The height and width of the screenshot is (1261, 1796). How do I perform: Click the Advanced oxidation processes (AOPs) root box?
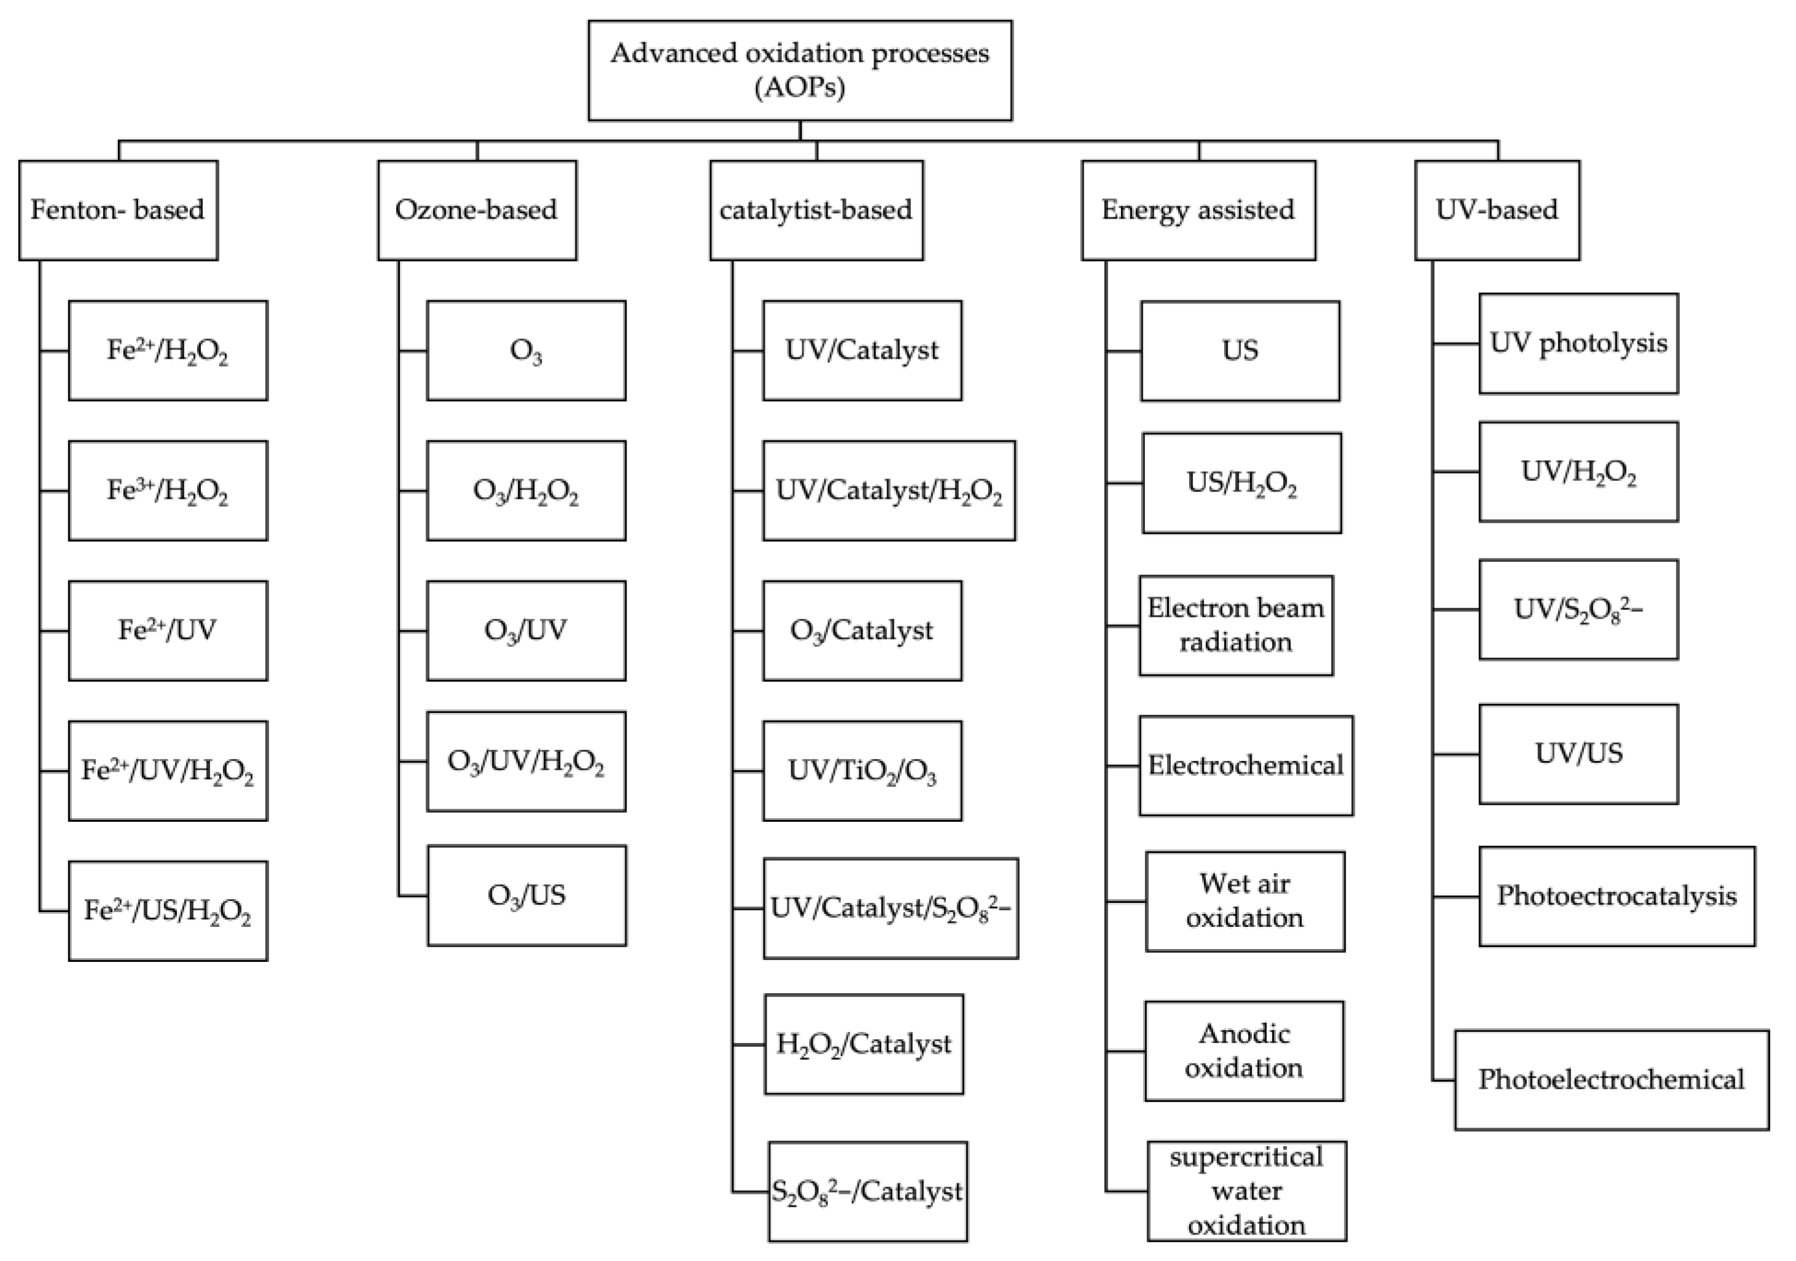click(x=800, y=71)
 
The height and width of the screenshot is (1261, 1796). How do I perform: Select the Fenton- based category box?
click(x=118, y=209)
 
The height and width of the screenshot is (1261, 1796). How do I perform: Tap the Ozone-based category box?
click(x=477, y=209)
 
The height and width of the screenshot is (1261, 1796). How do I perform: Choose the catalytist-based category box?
click(x=816, y=209)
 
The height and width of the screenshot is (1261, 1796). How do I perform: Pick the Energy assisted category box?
click(x=1198, y=209)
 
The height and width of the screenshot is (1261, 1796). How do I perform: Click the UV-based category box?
click(x=1496, y=209)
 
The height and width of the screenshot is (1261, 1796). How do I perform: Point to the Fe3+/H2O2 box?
click(x=168, y=491)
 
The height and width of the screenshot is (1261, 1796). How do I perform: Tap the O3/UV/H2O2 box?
click(x=526, y=761)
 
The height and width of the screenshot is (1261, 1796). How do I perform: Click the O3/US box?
click(x=526, y=895)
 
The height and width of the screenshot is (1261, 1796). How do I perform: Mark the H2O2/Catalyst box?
click(x=864, y=1044)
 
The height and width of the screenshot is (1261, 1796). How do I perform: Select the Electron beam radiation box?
click(x=1236, y=625)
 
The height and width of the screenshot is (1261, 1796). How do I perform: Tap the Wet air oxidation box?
click(x=1244, y=901)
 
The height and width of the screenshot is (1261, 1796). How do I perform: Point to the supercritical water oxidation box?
click(x=1246, y=1190)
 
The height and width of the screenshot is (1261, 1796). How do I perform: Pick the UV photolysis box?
click(x=1578, y=343)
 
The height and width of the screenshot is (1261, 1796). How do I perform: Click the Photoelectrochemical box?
click(x=1611, y=1080)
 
